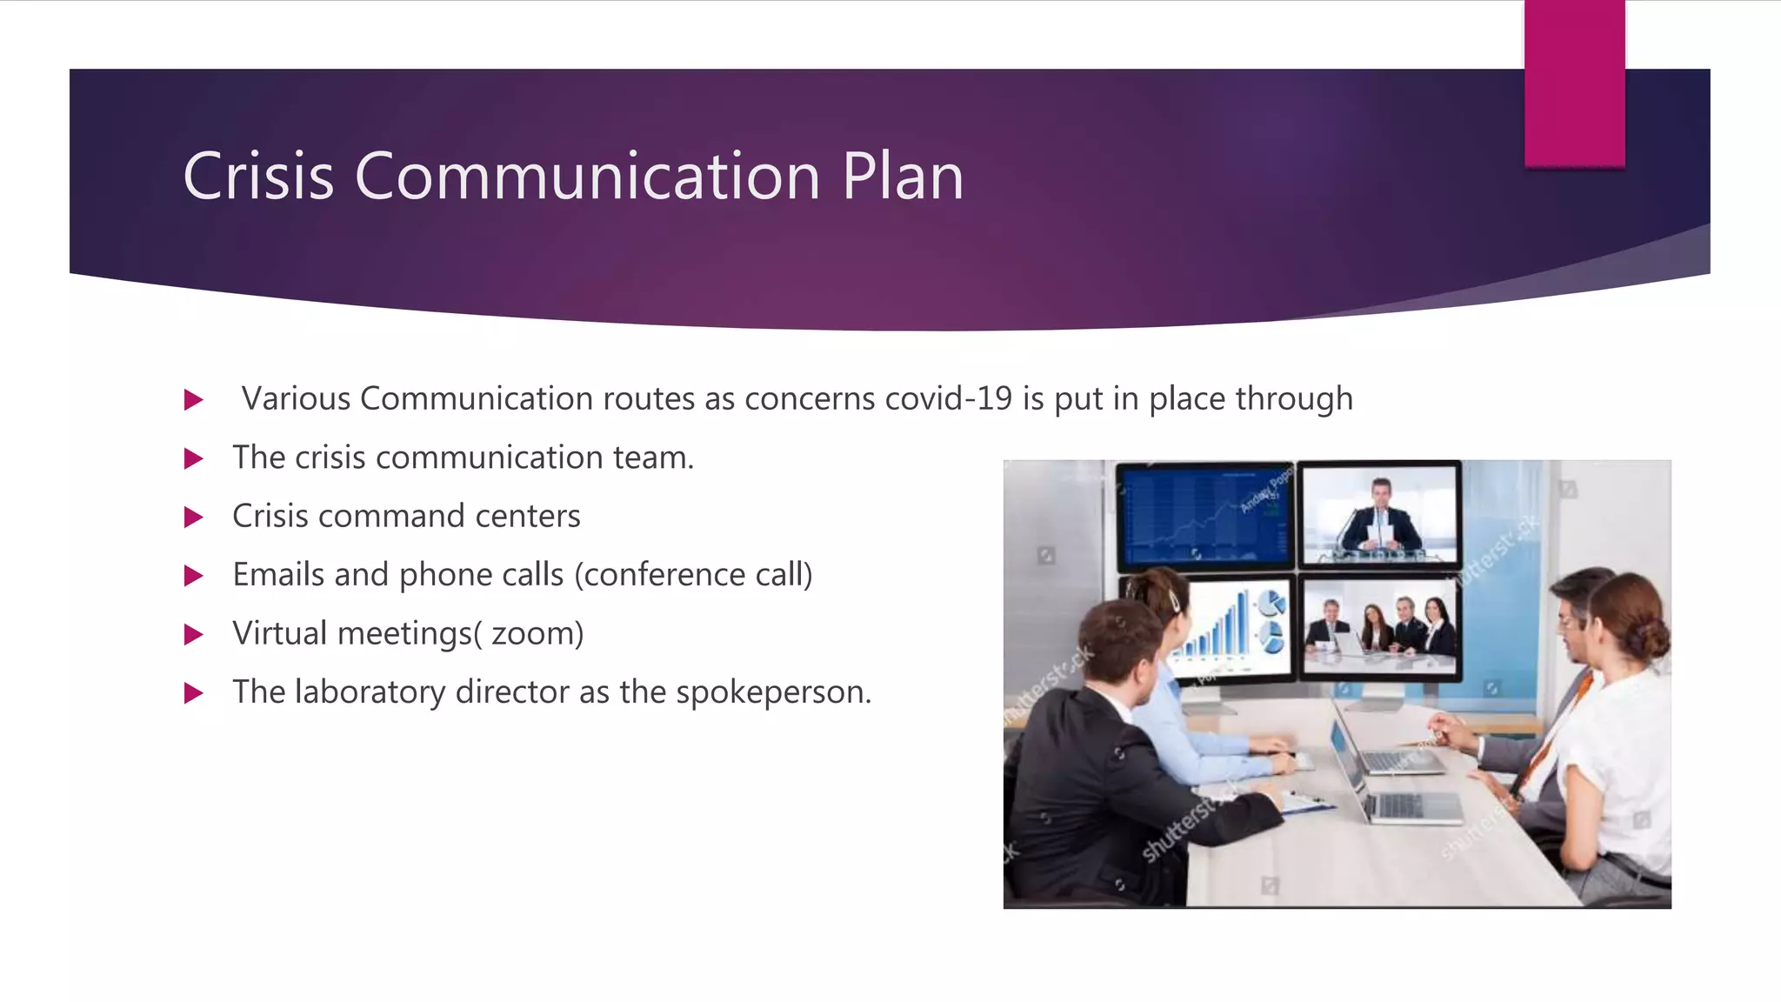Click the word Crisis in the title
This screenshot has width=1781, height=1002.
tap(258, 177)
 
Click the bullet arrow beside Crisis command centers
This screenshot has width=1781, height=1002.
tap(194, 518)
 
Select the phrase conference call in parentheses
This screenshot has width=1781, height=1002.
tap(694, 575)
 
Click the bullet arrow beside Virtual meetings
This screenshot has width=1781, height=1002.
tap(194, 635)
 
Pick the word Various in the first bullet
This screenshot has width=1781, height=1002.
tap(296, 398)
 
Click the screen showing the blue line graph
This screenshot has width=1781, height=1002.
tap(1204, 515)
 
